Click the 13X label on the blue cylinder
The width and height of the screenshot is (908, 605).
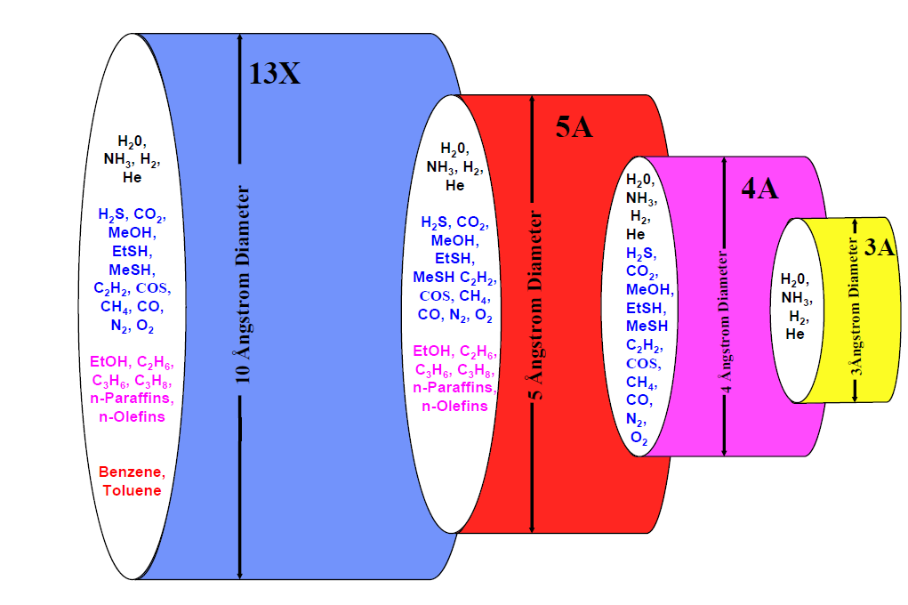coord(275,74)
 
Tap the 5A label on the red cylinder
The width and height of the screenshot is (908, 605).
coord(575,128)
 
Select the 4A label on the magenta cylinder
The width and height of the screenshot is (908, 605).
coord(759,190)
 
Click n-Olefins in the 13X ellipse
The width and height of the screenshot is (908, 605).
coord(132,417)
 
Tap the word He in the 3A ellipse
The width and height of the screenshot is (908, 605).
coord(795,335)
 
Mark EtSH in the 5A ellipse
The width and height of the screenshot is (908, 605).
coord(453,258)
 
